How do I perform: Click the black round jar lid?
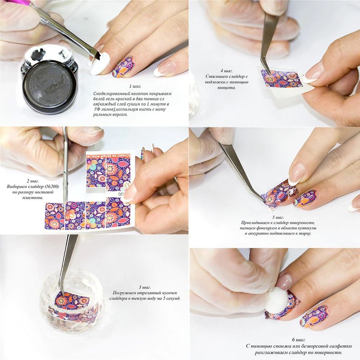tap(49, 86)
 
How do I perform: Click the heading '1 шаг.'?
tap(135, 86)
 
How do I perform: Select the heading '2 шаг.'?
tap(32, 181)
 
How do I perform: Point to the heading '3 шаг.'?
tap(144, 287)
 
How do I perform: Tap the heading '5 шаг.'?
tap(278, 217)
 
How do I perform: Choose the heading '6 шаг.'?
tap(298, 340)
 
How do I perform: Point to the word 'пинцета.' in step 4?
tap(226, 87)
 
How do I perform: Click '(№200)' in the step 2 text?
tap(50, 186)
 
